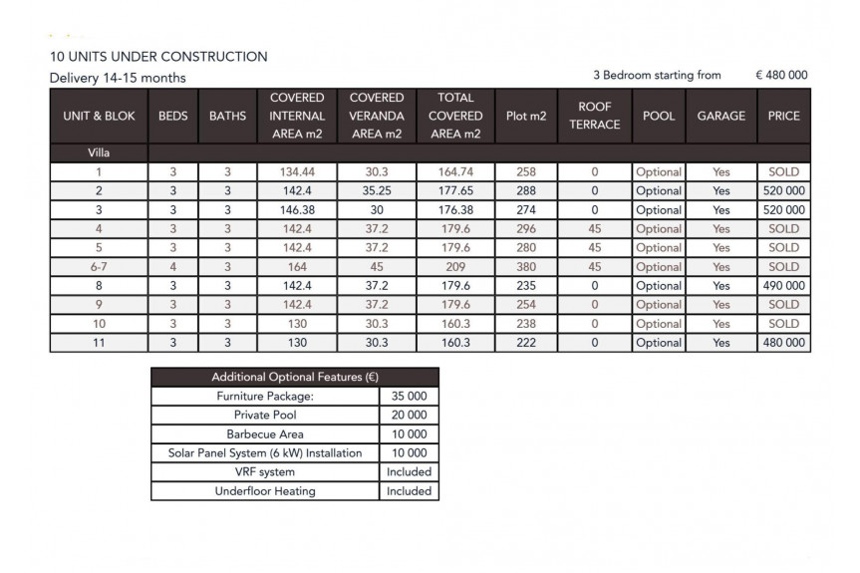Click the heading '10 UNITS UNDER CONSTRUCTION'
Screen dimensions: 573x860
[158, 57]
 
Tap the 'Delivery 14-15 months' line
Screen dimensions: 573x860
[118, 78]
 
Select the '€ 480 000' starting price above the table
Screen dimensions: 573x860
[781, 75]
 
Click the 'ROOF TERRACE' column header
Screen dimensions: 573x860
[595, 116]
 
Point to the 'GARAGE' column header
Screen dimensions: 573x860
[720, 116]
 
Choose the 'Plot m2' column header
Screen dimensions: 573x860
[526, 116]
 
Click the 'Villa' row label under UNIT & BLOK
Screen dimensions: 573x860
[99, 152]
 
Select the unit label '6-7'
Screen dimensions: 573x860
[99, 267]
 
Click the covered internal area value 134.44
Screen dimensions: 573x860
[297, 172]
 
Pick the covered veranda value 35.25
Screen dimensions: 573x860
[377, 191]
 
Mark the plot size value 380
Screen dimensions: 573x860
[526, 267]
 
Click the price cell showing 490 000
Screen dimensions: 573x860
[783, 286]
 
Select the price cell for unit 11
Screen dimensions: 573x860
[783, 343]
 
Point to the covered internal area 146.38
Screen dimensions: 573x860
[297, 210]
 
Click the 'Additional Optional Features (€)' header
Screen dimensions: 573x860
[294, 378]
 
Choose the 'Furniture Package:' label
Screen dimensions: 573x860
[265, 397]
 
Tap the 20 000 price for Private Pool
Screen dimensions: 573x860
[409, 416]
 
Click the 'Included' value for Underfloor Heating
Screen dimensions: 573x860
[409, 491]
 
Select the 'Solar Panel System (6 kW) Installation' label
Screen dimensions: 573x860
[265, 453]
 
